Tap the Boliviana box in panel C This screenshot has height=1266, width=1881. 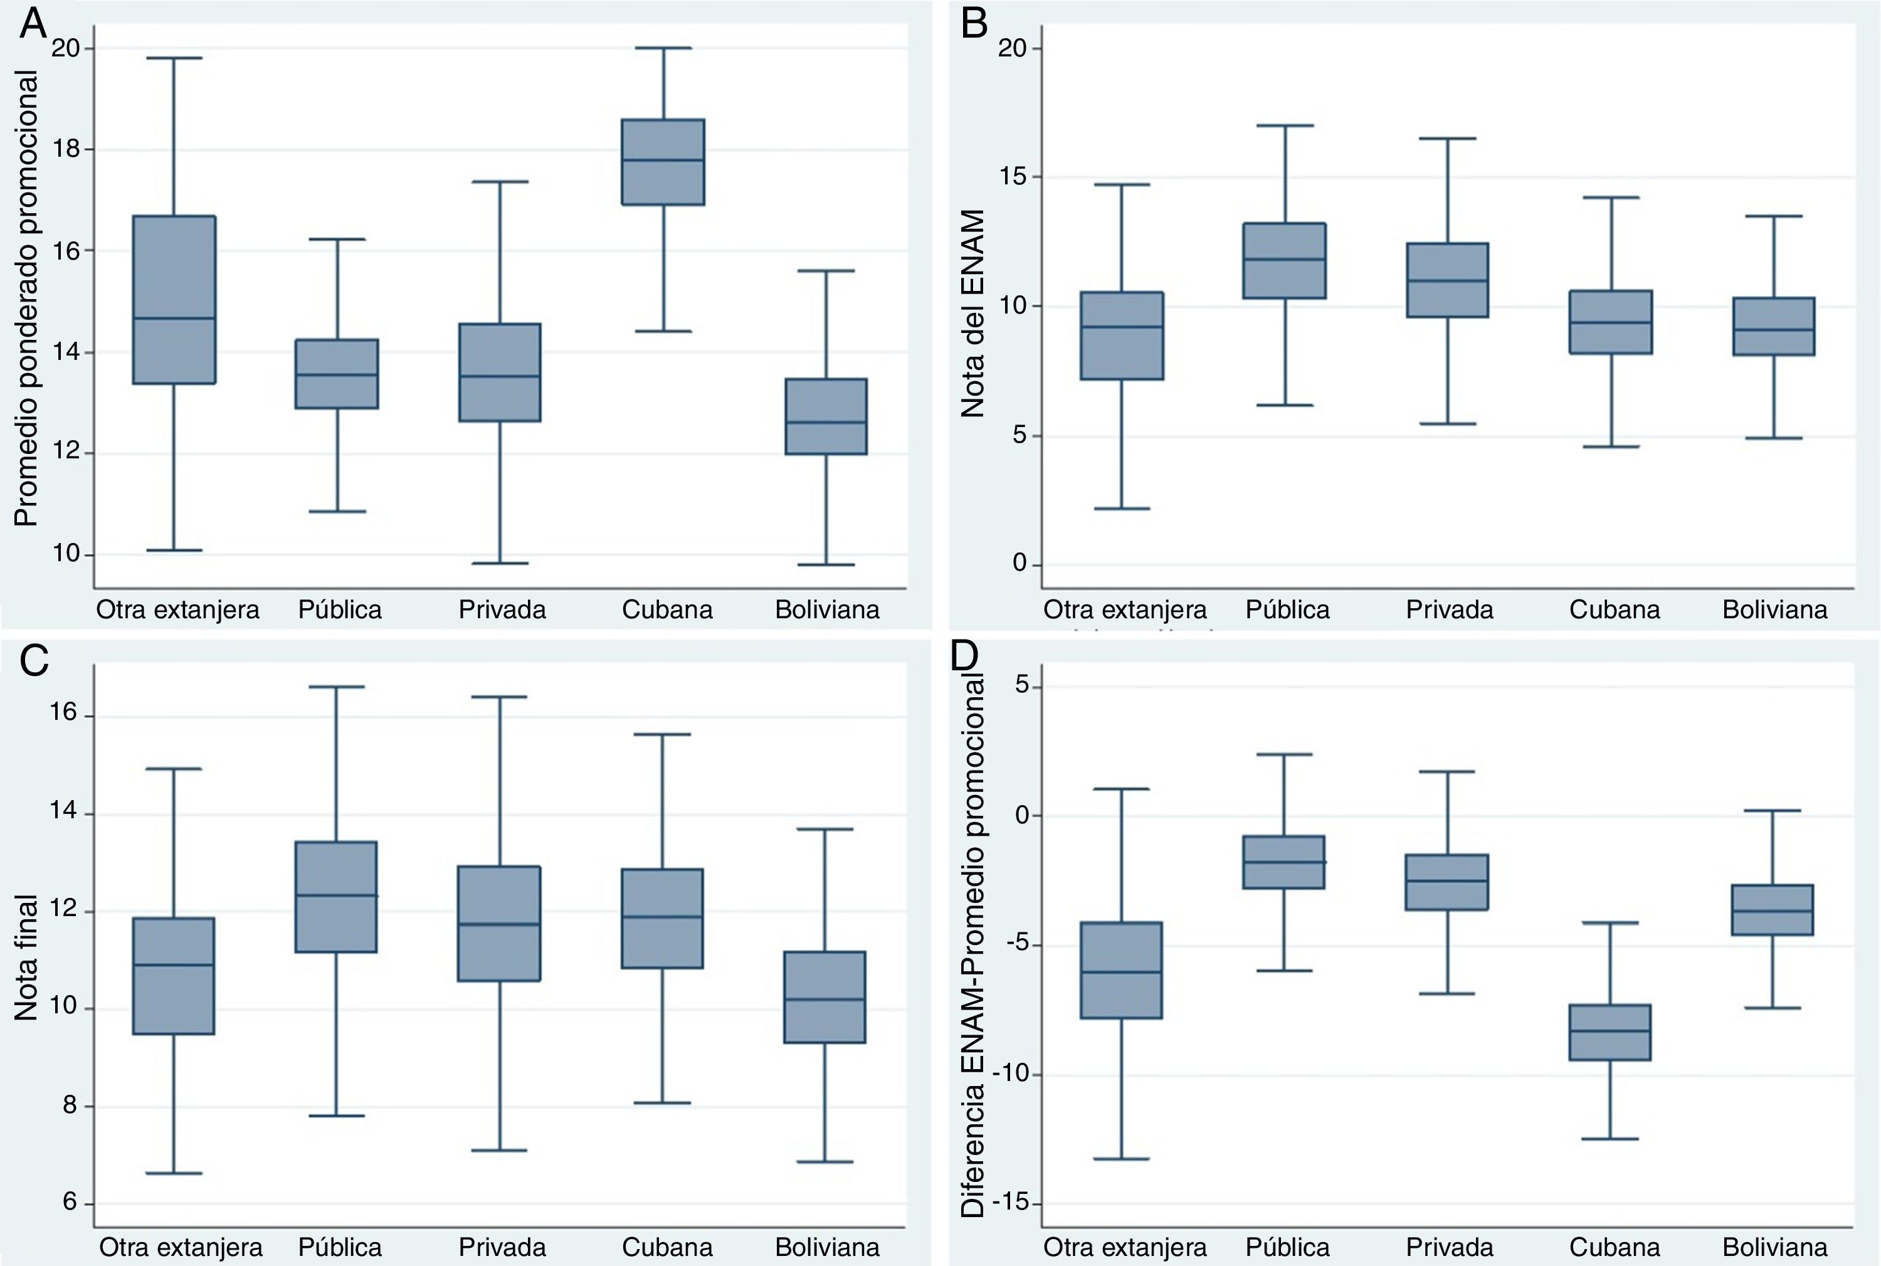coord(826,997)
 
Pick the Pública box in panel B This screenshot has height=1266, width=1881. coord(1284,261)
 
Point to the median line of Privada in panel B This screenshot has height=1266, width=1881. coord(1448,280)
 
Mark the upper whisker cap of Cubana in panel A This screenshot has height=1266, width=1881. coord(663,48)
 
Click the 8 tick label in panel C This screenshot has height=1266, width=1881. coord(70,1105)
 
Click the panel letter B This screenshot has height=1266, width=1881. coord(974,24)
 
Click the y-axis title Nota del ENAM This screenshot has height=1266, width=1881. coord(974,314)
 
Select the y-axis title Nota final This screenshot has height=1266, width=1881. coord(26,957)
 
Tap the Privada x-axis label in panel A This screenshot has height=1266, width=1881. coord(502,609)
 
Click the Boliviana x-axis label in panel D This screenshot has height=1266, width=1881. coord(1774,1247)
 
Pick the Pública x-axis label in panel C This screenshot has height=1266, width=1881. coord(340,1247)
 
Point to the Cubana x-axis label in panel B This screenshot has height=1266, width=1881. coord(1615,609)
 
